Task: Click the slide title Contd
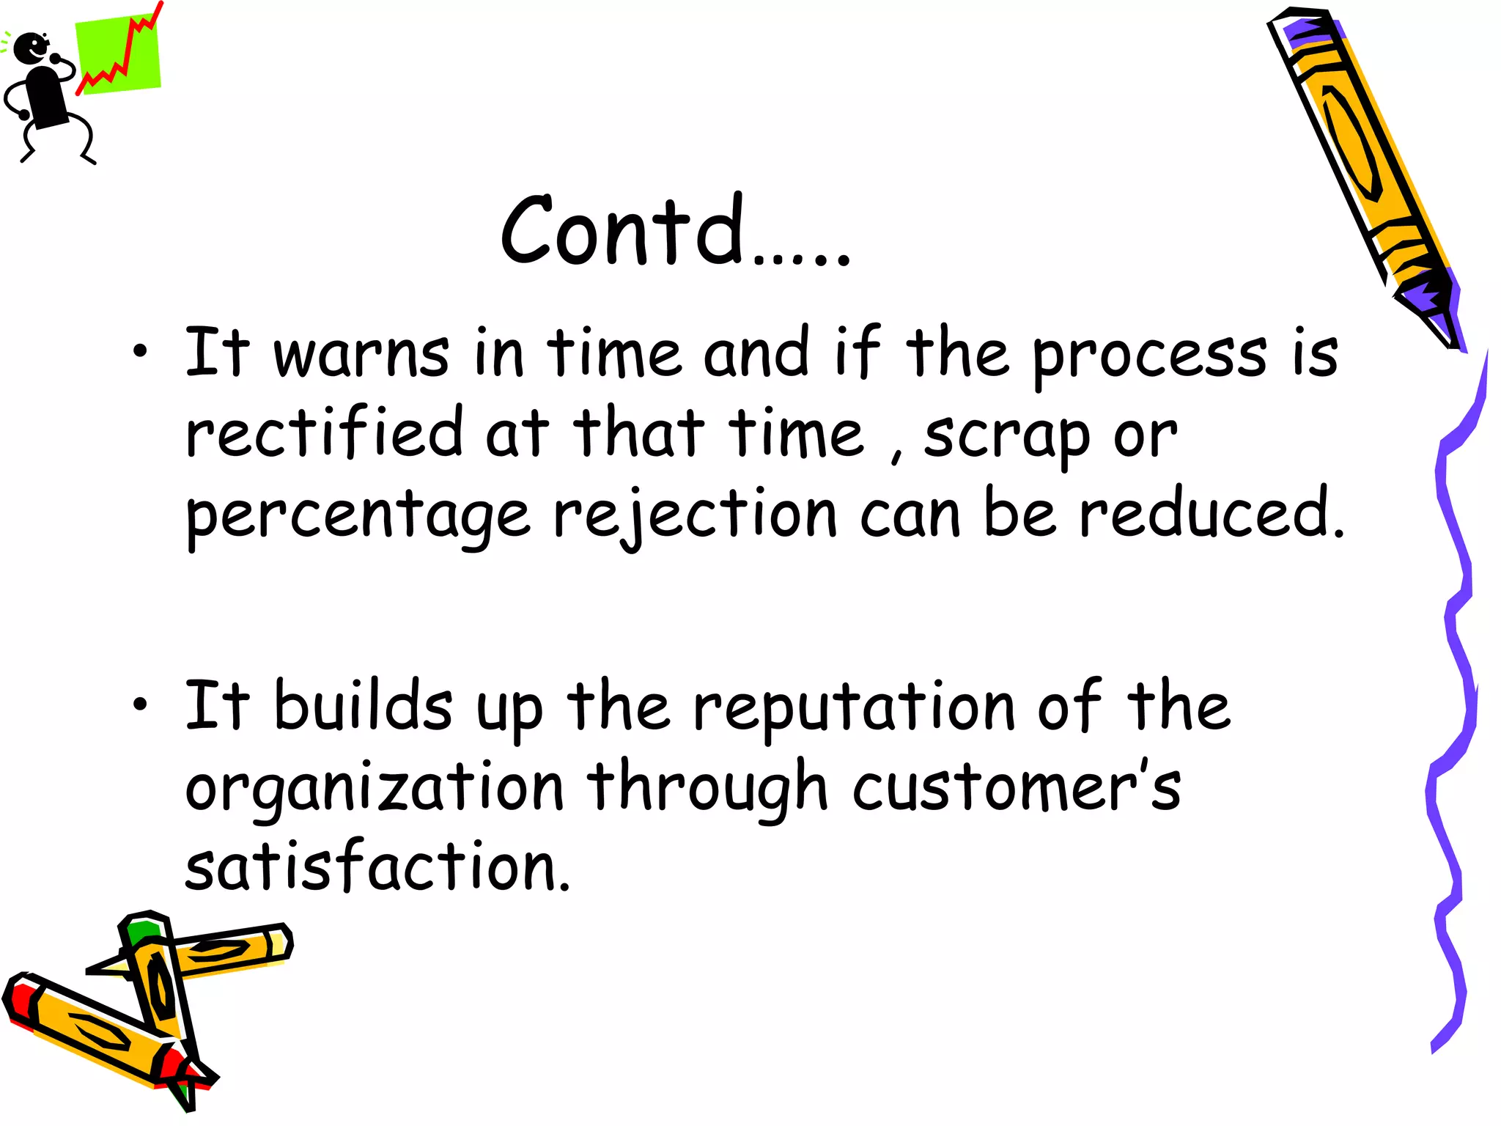point(674,231)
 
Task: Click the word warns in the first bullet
point(361,354)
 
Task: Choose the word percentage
point(358,516)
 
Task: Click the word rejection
point(695,515)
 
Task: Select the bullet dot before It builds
point(140,704)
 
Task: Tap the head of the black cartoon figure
point(31,48)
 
